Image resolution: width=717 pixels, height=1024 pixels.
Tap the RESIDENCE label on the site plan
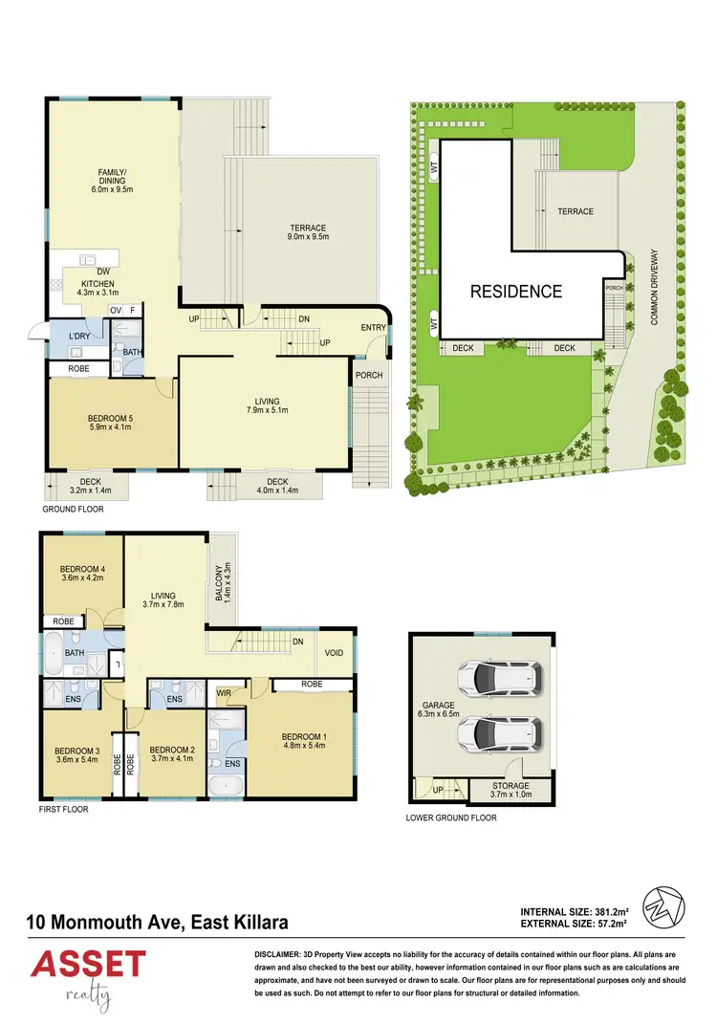(515, 292)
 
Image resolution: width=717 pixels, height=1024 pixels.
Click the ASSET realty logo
(88, 974)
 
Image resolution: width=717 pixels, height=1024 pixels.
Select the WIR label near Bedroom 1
(226, 691)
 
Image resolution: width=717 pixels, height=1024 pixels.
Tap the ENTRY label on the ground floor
(373, 329)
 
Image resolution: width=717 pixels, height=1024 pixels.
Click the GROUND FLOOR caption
(73, 510)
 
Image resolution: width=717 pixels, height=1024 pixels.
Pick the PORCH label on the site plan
(613, 287)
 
